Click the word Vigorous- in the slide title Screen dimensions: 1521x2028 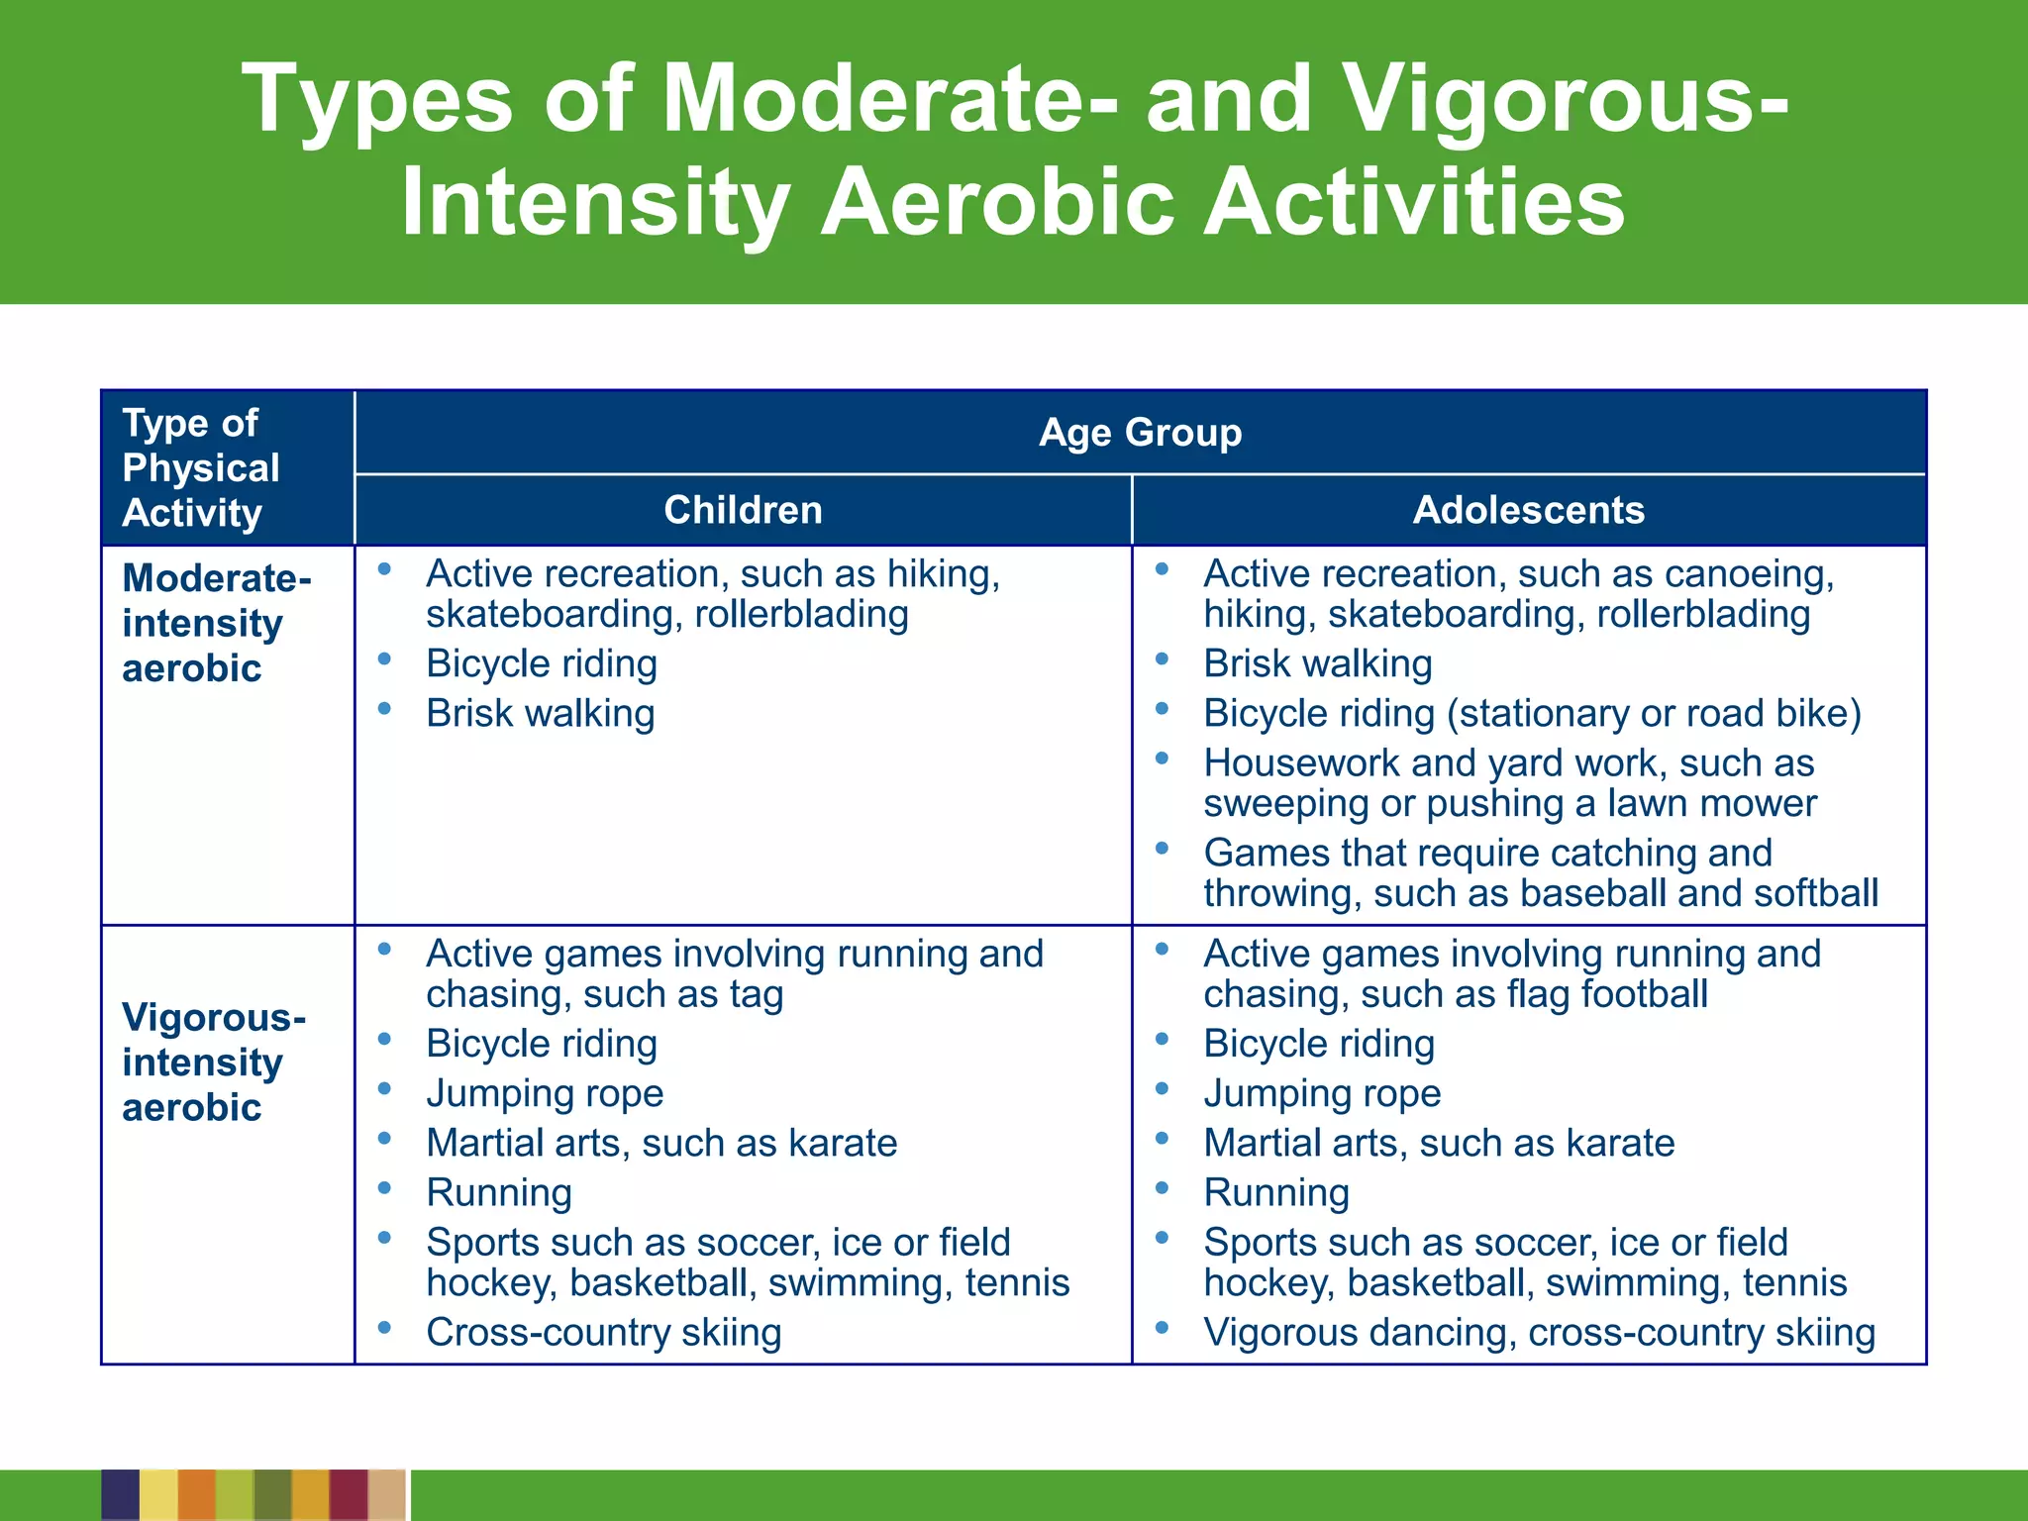1565,99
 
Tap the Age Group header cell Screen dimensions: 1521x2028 1140,433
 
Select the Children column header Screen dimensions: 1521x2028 743,510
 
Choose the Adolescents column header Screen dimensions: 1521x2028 1528,510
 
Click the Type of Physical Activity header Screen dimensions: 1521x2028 201,467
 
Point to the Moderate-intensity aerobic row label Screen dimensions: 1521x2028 216,623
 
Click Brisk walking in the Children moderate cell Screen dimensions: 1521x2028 541,714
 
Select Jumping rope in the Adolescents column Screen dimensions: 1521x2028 1322,1094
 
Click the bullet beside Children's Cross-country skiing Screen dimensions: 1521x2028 384,1327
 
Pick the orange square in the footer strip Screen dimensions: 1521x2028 197,1495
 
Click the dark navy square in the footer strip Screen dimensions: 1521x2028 120,1495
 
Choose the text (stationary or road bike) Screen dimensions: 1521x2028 1654,714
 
